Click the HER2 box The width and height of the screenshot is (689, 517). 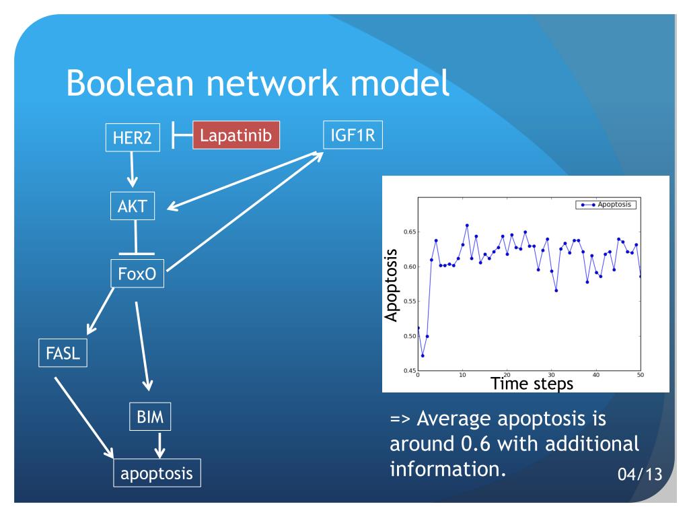133,137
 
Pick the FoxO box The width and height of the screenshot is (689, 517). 137,273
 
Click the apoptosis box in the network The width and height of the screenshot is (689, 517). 157,473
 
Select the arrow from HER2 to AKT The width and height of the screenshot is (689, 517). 133,170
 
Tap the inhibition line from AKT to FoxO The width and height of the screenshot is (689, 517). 137,238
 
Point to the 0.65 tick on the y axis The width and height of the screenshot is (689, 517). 407,232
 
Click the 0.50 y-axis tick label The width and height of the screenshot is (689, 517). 407,336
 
